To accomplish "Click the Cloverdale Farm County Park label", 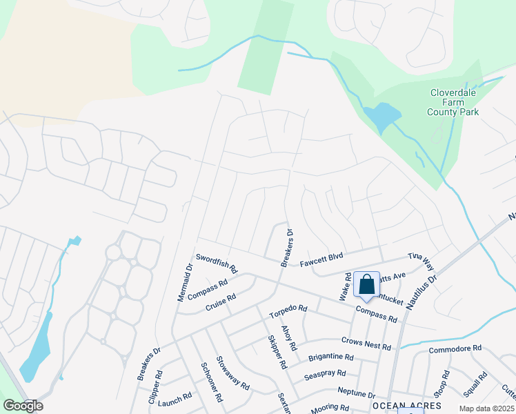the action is pyautogui.click(x=454, y=101).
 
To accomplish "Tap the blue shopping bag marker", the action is pyautogui.click(x=366, y=284).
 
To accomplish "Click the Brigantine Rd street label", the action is pyautogui.click(x=330, y=357).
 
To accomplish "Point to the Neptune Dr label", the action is pyautogui.click(x=353, y=392).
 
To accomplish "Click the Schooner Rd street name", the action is pyautogui.click(x=211, y=383).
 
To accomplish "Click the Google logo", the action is pyautogui.click(x=23, y=406).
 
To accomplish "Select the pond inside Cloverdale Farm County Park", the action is pyautogui.click(x=381, y=117).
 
